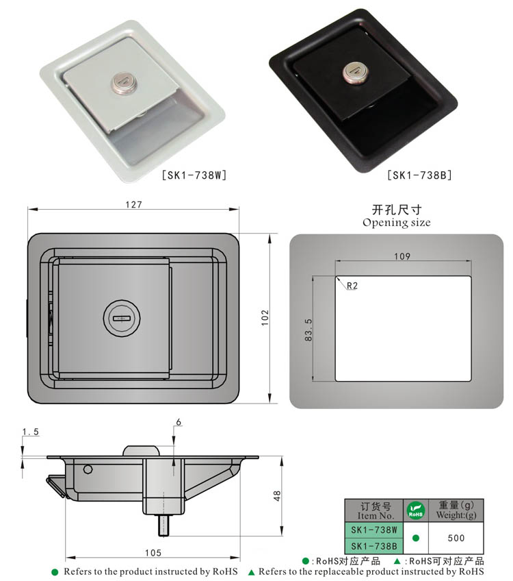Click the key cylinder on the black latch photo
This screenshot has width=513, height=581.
pyautogui.click(x=355, y=71)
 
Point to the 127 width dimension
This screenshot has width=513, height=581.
pyautogui.click(x=133, y=204)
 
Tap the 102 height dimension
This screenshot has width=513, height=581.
pyautogui.click(x=265, y=317)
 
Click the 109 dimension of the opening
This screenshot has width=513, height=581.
pyautogui.click(x=402, y=256)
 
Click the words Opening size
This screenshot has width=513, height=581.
pyautogui.click(x=397, y=223)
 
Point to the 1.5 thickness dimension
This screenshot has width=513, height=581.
pyautogui.click(x=30, y=431)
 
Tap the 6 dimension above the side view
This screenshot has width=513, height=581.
pyautogui.click(x=179, y=423)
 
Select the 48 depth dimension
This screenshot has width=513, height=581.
pyautogui.click(x=276, y=495)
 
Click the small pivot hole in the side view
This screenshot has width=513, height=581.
pyautogui.click(x=88, y=469)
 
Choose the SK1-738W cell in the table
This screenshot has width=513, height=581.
pyautogui.click(x=373, y=530)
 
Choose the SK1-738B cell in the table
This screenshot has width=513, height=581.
pyautogui.click(x=373, y=545)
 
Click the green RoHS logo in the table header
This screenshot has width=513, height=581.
pyautogui.click(x=415, y=510)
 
